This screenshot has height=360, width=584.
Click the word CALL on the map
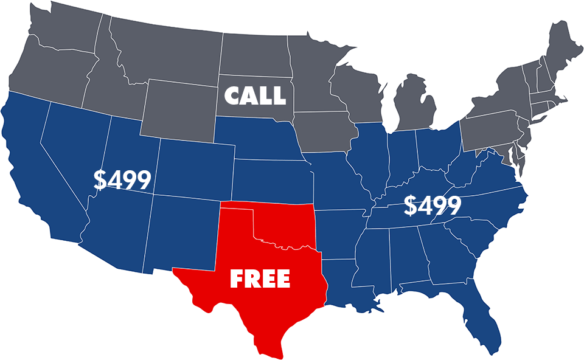tap(255, 95)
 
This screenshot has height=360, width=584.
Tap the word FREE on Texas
tap(260, 279)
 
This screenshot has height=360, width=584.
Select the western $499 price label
tap(122, 179)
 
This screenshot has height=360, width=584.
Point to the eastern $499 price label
tap(433, 206)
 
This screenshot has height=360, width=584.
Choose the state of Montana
tap(164, 49)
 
